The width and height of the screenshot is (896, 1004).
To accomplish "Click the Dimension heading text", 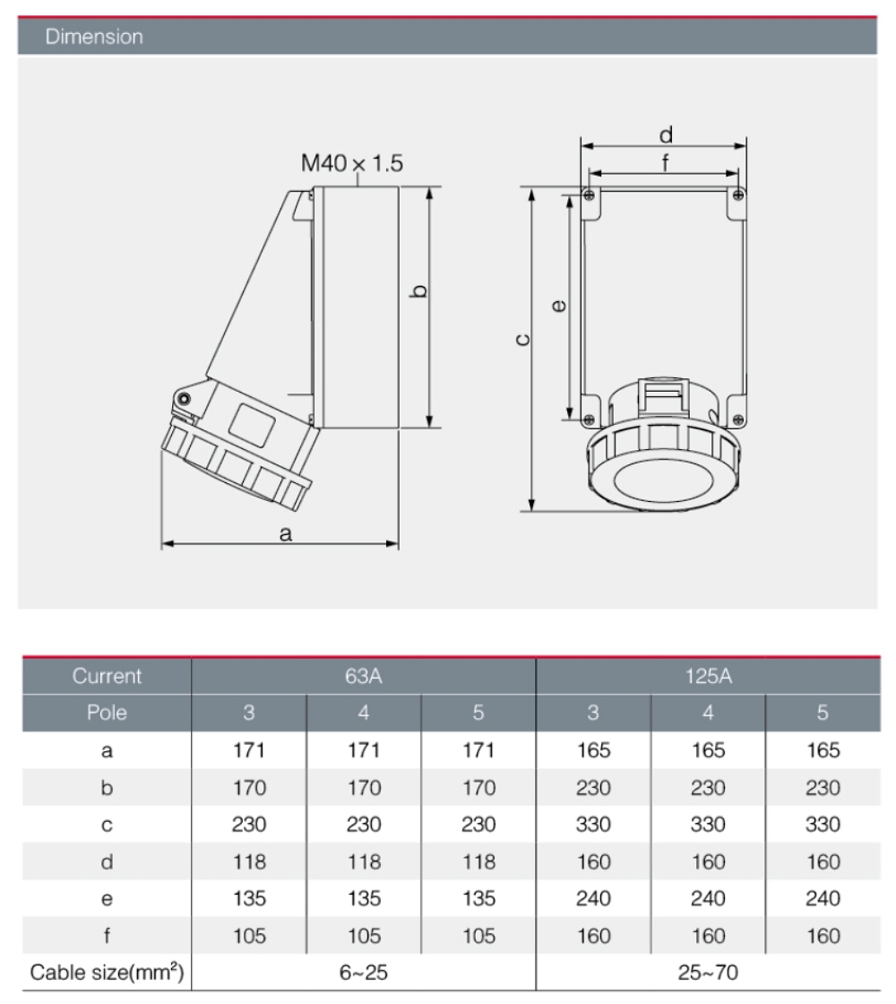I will (94, 37).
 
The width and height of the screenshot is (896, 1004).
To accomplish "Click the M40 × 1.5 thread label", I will (352, 163).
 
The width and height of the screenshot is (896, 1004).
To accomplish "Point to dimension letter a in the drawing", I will (286, 533).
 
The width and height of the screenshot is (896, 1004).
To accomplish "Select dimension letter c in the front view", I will (522, 339).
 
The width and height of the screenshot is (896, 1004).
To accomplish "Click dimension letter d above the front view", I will (665, 135).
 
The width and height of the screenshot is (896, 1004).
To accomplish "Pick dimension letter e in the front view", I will (559, 306).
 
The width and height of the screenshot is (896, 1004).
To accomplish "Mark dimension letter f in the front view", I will (665, 164).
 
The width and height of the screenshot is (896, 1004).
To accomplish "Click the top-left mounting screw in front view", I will (589, 195).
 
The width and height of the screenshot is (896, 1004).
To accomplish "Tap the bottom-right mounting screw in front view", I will (737, 419).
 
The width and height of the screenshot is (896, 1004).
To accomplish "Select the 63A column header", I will (363, 676).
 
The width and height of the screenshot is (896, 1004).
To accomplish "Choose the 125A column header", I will (707, 676).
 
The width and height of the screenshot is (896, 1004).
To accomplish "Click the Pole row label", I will (107, 713).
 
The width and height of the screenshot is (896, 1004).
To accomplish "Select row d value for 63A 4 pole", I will (363, 861).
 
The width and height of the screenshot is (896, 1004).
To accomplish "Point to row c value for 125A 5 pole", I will (822, 824).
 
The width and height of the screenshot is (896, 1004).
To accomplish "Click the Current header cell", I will (107, 676).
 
